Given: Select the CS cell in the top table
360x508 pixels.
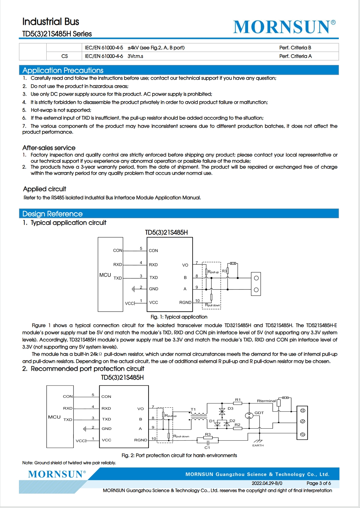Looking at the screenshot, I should tap(65, 56).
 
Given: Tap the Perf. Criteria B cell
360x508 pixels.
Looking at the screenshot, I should tap(295, 48).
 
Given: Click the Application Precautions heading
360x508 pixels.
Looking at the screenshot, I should tap(63, 71).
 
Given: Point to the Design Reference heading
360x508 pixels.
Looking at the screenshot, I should tap(53, 214).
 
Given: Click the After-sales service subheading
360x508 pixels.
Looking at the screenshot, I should tap(49, 148).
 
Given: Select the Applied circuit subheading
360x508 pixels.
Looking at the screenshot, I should tap(45, 189).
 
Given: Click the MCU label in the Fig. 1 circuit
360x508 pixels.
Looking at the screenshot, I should tap(105, 275).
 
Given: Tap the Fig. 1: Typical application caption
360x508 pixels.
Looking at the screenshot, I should tap(179, 317).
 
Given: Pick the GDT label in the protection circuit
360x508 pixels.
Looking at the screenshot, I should tap(259, 413).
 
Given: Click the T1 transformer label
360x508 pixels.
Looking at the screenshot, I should tap(193, 409).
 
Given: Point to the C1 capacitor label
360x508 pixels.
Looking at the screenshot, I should tap(207, 448).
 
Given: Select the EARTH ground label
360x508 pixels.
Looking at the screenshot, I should tap(258, 445).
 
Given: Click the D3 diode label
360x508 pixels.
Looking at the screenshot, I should tap(230, 408).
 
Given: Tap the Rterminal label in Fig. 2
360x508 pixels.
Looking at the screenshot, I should tap(266, 401).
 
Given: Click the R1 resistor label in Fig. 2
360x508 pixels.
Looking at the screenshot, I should tap(238, 400).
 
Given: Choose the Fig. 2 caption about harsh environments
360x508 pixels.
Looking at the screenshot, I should tap(179, 455).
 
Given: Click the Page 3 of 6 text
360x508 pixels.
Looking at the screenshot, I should tap(319, 483).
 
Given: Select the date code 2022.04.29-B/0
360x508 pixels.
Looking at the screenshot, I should tap(267, 483).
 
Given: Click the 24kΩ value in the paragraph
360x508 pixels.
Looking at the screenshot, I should tap(96, 354).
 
